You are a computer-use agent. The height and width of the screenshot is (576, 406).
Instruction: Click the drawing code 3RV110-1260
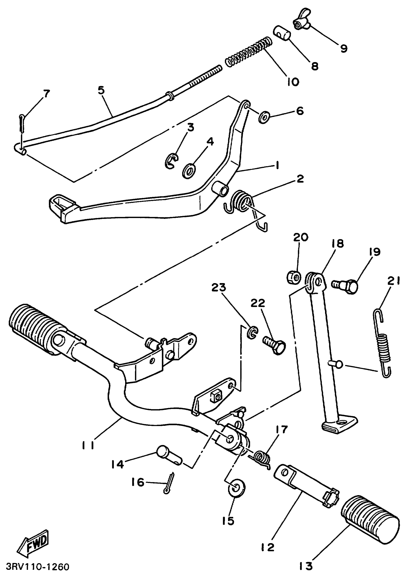tap(38, 567)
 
